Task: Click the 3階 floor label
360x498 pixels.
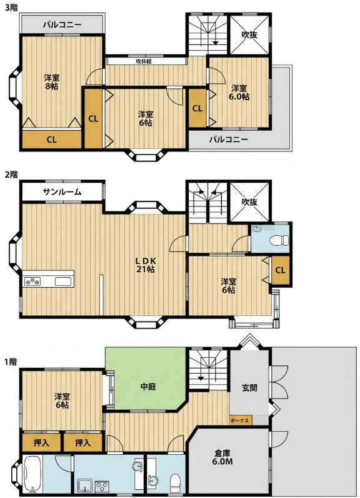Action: coord(11,8)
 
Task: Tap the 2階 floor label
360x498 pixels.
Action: coord(11,175)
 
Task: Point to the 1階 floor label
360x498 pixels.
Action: coord(11,362)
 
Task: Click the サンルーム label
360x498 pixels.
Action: coord(62,191)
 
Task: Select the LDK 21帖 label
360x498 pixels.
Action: coord(146,265)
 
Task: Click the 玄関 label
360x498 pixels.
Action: coord(249,387)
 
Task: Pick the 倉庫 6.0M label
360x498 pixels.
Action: coord(222,457)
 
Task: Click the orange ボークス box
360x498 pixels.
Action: coord(240,420)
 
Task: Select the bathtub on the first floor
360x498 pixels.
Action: coord(32,474)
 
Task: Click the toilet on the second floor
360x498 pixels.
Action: coord(279,240)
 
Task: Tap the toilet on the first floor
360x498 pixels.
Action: coord(175,482)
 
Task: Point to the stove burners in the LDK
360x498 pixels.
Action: coord(32,282)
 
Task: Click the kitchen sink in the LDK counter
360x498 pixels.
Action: coord(63,282)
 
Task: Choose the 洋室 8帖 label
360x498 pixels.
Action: coord(51,81)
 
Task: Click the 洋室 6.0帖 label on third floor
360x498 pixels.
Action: coord(240,92)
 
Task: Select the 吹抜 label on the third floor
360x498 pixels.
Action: coord(249,34)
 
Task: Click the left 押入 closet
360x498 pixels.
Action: coord(41,442)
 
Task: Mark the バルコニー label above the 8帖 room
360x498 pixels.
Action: coord(62,24)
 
